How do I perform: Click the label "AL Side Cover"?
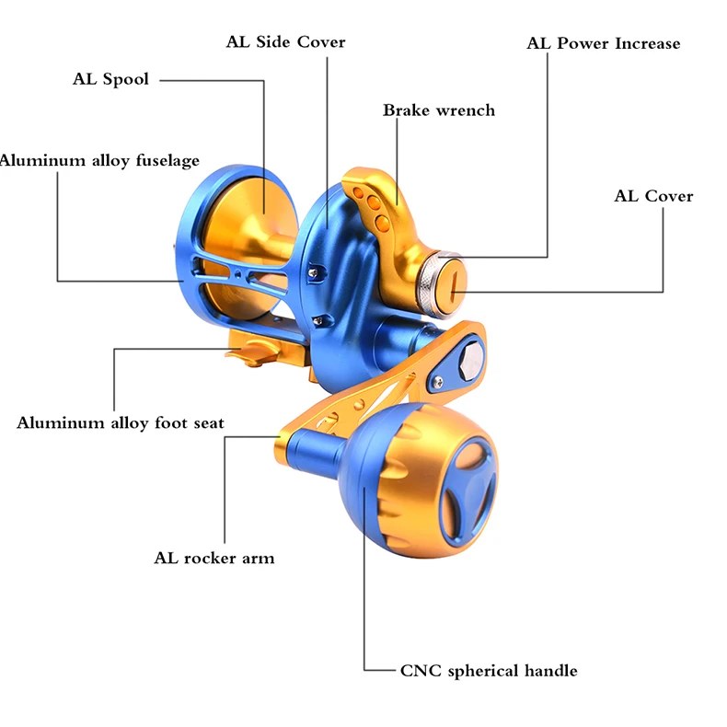point(285,42)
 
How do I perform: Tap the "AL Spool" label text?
point(110,79)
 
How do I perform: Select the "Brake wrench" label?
point(439,110)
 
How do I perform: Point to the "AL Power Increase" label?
point(603,43)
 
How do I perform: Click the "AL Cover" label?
point(653,196)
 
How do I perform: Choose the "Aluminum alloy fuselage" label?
point(99,161)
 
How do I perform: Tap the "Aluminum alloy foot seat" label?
point(121,422)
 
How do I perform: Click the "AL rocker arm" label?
point(214,558)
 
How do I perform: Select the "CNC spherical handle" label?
point(489,671)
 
